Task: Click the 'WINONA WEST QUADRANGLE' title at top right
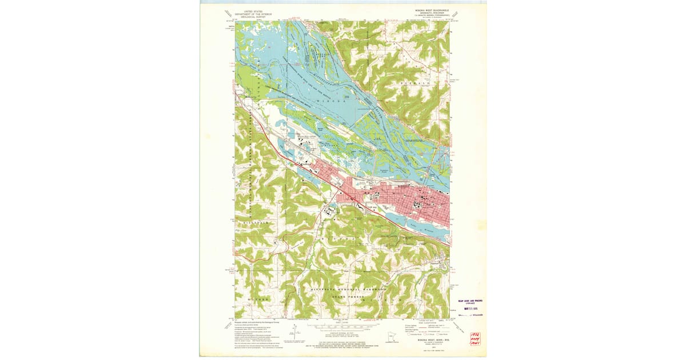tap(428, 10)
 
